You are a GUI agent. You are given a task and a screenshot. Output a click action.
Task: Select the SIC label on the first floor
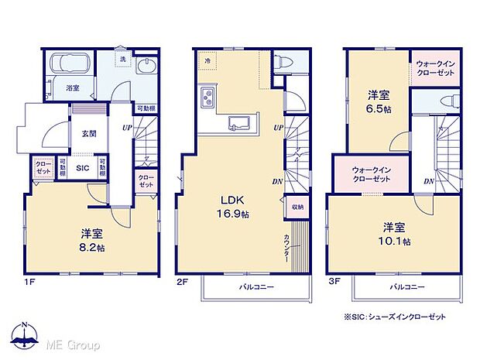point(81,166)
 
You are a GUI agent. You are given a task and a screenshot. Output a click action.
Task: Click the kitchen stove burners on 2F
point(207,98)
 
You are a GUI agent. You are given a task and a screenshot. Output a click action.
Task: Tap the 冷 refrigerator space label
point(207,59)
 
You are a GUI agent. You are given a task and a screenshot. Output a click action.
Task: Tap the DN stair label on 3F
point(428,180)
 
